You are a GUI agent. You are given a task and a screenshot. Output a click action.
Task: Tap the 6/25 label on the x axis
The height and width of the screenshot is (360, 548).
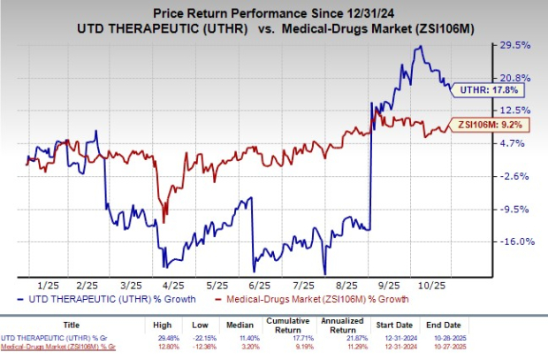(x=260, y=287)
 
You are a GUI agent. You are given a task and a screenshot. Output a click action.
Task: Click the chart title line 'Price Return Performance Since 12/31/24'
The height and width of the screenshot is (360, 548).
(x=273, y=11)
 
